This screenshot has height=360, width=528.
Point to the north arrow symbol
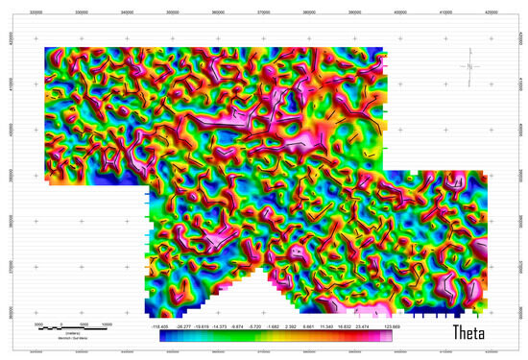pos(469,65)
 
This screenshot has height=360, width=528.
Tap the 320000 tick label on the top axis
pos(36,13)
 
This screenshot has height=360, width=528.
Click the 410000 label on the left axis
pos(9,84)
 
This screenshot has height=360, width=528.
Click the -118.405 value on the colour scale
pos(159,326)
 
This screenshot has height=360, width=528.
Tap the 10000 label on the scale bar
pos(107,324)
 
